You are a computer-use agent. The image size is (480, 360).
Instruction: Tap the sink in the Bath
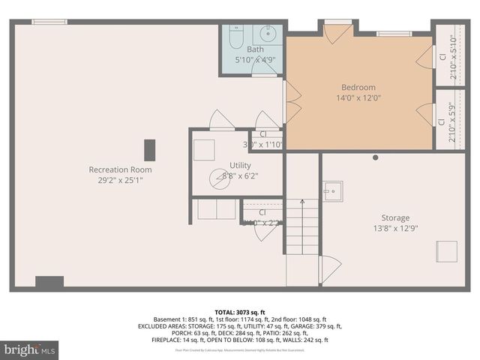pos(268,34)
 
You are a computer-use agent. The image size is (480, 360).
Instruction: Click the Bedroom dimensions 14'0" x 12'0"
pos(358,97)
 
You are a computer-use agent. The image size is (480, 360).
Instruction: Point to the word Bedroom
pos(358,87)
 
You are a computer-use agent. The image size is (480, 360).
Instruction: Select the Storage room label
pos(390,217)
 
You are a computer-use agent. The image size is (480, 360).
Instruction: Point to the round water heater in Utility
pos(220,178)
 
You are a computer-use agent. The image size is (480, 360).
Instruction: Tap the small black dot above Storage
pos(376,157)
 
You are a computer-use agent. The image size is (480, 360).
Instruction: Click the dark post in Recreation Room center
pos(151,148)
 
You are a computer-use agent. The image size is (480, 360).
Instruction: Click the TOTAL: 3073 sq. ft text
pos(239,311)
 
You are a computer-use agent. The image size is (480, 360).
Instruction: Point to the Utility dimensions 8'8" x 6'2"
pos(240,175)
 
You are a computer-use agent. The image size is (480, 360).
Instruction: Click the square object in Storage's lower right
pos(445,250)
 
